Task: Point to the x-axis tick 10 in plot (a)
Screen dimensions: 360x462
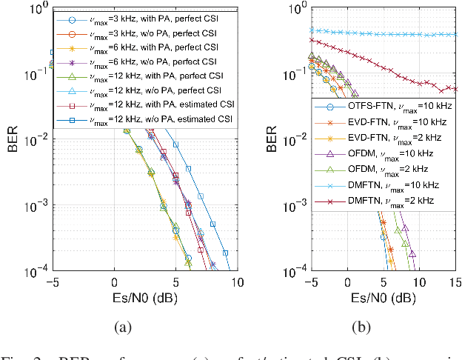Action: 237,282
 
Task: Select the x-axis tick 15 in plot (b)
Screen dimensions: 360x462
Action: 455,282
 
